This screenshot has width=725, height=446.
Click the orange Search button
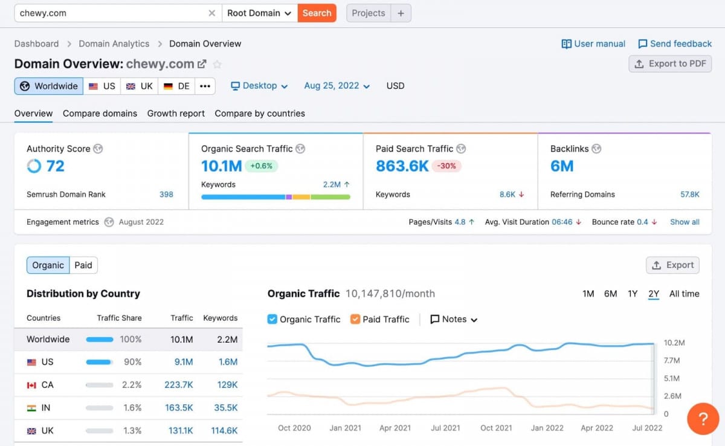(x=317, y=13)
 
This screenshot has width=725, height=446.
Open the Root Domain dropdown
(x=259, y=13)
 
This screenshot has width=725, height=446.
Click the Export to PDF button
(x=670, y=63)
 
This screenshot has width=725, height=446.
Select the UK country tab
(x=139, y=86)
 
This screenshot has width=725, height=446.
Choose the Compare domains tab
(x=100, y=113)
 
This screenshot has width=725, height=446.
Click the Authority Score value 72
(x=55, y=166)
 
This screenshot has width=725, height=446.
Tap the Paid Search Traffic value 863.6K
(x=402, y=166)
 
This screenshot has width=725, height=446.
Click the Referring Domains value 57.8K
(x=689, y=195)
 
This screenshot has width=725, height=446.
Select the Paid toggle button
(x=83, y=265)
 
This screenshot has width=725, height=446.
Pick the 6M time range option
(x=610, y=294)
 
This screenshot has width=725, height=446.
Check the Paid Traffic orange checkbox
(x=355, y=319)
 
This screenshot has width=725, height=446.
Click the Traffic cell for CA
(x=178, y=385)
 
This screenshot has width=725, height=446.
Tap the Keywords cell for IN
(x=225, y=408)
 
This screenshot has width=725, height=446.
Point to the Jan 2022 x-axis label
(x=547, y=428)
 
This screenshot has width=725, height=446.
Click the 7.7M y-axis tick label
(x=672, y=361)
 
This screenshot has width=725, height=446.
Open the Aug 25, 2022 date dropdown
(x=337, y=86)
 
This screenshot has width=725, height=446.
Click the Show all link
(x=685, y=222)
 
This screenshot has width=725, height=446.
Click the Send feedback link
(x=675, y=44)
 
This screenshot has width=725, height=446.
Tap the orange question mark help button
(x=703, y=419)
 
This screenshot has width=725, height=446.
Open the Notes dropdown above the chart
(x=454, y=319)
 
